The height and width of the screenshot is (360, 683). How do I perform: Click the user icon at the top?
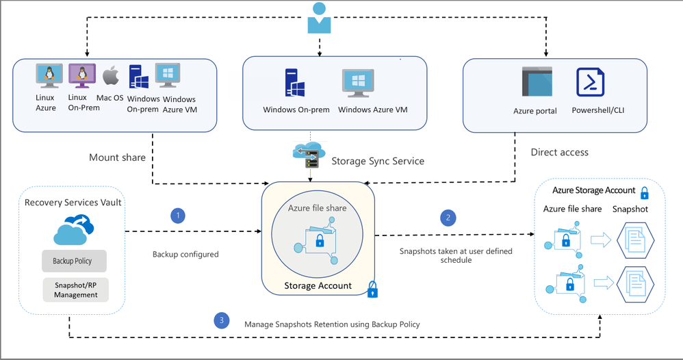(319, 18)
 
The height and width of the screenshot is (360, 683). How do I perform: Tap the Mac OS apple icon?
(111, 76)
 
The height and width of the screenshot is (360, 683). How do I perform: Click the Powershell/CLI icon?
(590, 83)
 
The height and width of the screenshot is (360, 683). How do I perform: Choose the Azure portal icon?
(536, 83)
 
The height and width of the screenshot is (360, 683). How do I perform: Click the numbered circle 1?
(178, 216)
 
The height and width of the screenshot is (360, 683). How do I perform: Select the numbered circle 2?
(448, 218)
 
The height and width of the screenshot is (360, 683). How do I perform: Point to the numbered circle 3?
(220, 320)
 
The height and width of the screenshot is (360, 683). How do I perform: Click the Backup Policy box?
(73, 261)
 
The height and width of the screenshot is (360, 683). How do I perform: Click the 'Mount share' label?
(117, 157)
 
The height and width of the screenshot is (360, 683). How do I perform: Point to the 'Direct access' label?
(559, 152)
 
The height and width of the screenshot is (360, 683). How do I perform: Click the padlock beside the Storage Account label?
(372, 290)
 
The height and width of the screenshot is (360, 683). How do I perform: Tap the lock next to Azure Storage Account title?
(644, 192)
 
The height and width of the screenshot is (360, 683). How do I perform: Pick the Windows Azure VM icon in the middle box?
(358, 83)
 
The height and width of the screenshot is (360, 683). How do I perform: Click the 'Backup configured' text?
(185, 254)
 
